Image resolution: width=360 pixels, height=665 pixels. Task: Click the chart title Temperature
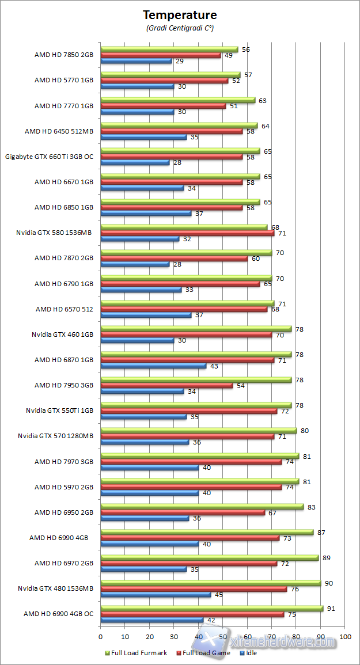click(x=180, y=15)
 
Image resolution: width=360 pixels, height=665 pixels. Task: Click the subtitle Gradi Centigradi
click(x=180, y=28)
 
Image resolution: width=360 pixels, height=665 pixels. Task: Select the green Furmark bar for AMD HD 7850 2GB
click(x=169, y=50)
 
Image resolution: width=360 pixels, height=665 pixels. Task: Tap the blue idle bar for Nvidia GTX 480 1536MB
click(x=156, y=595)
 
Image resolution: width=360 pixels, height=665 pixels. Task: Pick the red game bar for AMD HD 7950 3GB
click(x=166, y=385)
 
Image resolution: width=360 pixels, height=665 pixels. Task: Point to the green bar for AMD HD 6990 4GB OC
click(x=212, y=608)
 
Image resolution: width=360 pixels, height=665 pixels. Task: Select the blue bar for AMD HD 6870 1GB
click(x=153, y=366)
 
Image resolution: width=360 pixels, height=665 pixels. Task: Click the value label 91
click(x=331, y=608)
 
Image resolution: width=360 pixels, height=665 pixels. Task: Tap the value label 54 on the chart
click(x=240, y=385)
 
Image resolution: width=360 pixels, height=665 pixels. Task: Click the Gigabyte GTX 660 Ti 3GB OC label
click(x=49, y=156)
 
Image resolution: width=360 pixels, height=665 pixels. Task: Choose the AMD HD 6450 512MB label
click(x=59, y=131)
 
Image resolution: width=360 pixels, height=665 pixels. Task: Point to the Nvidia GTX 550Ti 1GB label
click(x=59, y=411)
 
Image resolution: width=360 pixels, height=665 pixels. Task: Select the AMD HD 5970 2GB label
click(x=63, y=487)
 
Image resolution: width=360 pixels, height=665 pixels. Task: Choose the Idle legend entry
click(x=248, y=653)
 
